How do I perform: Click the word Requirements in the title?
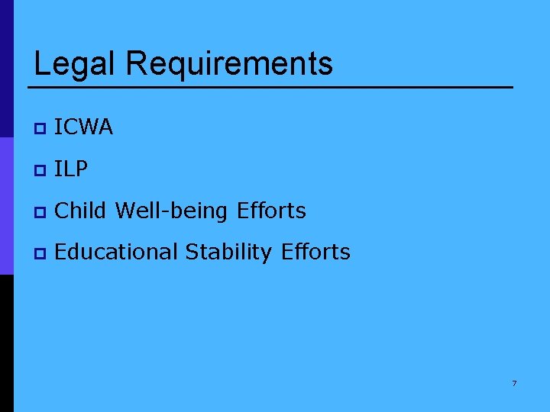click(x=229, y=64)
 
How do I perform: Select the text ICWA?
click(x=84, y=127)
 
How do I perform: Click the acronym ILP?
click(x=72, y=169)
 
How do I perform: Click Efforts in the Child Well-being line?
click(x=271, y=211)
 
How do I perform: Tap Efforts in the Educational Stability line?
click(x=315, y=252)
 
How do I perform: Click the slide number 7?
click(x=514, y=383)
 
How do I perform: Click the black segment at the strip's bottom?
click(x=6, y=343)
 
